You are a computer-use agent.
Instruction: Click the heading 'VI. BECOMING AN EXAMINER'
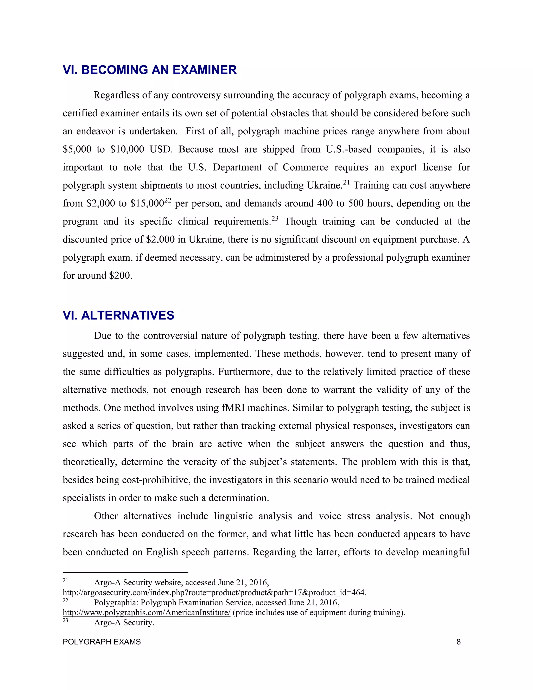(149, 70)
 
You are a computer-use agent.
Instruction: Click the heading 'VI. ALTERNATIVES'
(118, 315)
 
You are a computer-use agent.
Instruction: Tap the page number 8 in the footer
(459, 642)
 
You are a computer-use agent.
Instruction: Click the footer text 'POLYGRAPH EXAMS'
(102, 642)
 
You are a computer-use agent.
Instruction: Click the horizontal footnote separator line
(125, 572)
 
